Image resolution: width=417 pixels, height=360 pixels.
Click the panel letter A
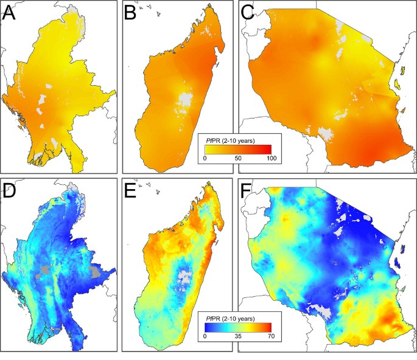click(x=10, y=14)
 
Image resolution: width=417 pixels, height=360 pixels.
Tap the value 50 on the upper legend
click(x=239, y=158)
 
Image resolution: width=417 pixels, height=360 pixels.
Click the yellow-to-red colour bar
click(x=239, y=148)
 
